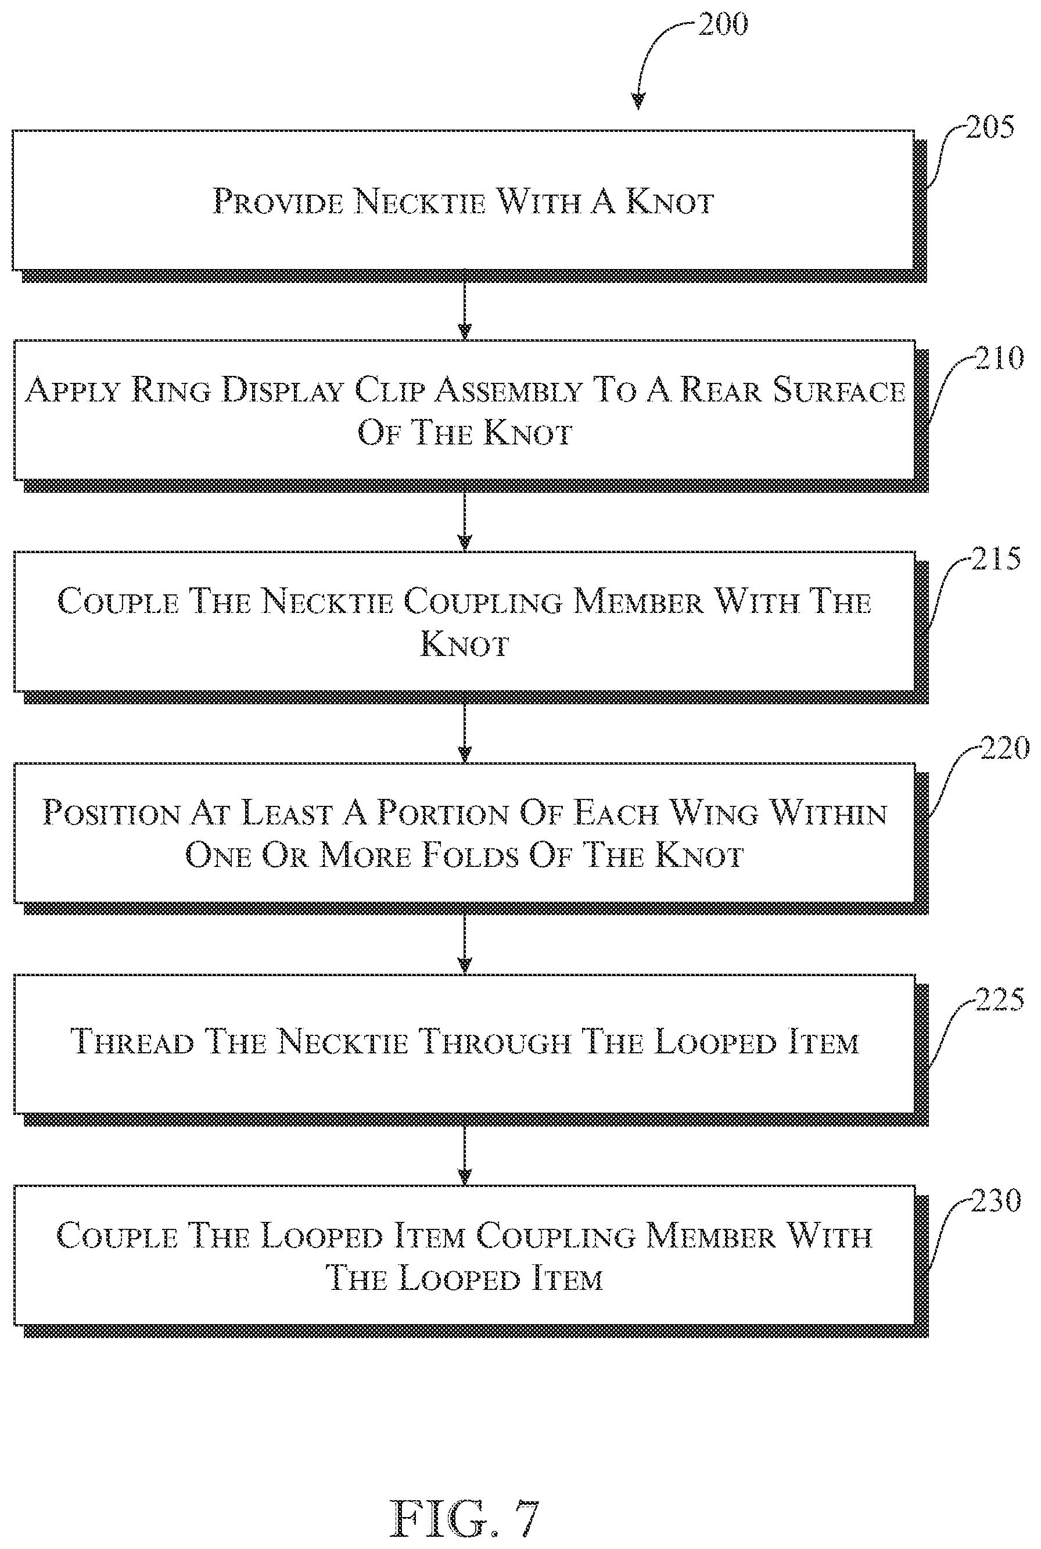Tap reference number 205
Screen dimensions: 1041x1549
990,127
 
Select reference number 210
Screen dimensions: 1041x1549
999,358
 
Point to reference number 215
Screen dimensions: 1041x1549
996,558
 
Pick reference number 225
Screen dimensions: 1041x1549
999,999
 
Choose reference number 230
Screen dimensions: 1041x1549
995,1200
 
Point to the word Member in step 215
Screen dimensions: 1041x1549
638,601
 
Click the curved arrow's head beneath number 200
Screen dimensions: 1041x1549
638,101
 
